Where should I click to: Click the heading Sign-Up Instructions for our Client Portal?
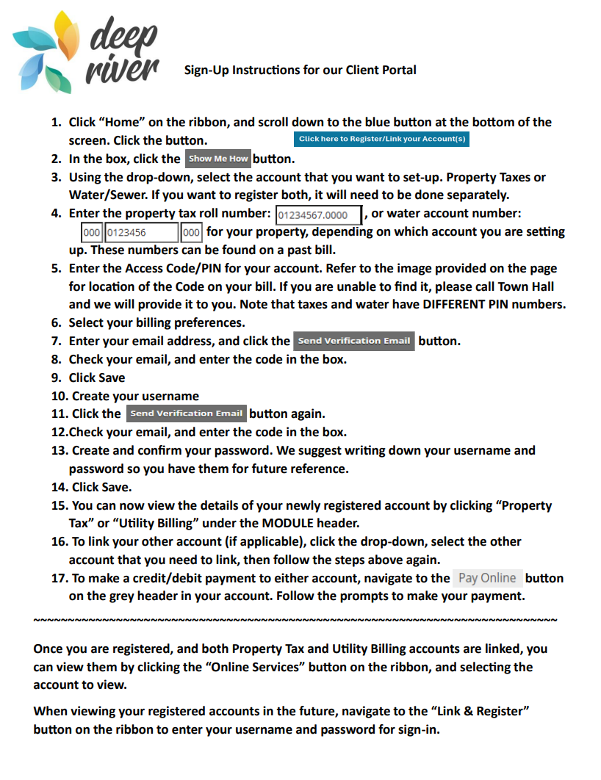(300, 71)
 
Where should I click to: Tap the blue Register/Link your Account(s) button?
(381, 139)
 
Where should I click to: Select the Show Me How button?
(218, 159)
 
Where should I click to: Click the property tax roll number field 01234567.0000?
(318, 215)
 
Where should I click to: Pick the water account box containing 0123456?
(142, 233)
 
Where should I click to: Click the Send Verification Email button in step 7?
(353, 341)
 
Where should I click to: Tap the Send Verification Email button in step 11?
(186, 414)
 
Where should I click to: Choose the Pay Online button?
(487, 578)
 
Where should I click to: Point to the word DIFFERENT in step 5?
(462, 305)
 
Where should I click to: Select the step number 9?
(56, 378)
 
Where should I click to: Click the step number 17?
(59, 578)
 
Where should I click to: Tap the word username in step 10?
(168, 396)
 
